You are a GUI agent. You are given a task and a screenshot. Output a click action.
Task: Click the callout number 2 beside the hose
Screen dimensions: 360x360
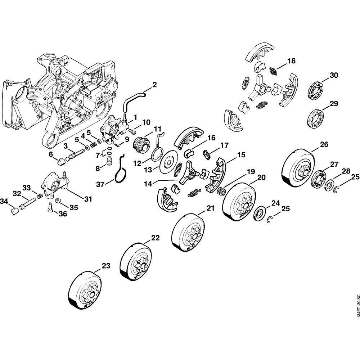(x=154, y=85)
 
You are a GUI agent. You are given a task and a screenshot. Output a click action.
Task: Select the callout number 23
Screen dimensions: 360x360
(x=105, y=266)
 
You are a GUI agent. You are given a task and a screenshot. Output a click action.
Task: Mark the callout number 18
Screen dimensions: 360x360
(x=291, y=61)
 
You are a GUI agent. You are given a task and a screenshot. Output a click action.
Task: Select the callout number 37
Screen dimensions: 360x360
(x=100, y=184)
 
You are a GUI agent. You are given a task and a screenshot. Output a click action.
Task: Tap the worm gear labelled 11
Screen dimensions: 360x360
(x=140, y=145)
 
